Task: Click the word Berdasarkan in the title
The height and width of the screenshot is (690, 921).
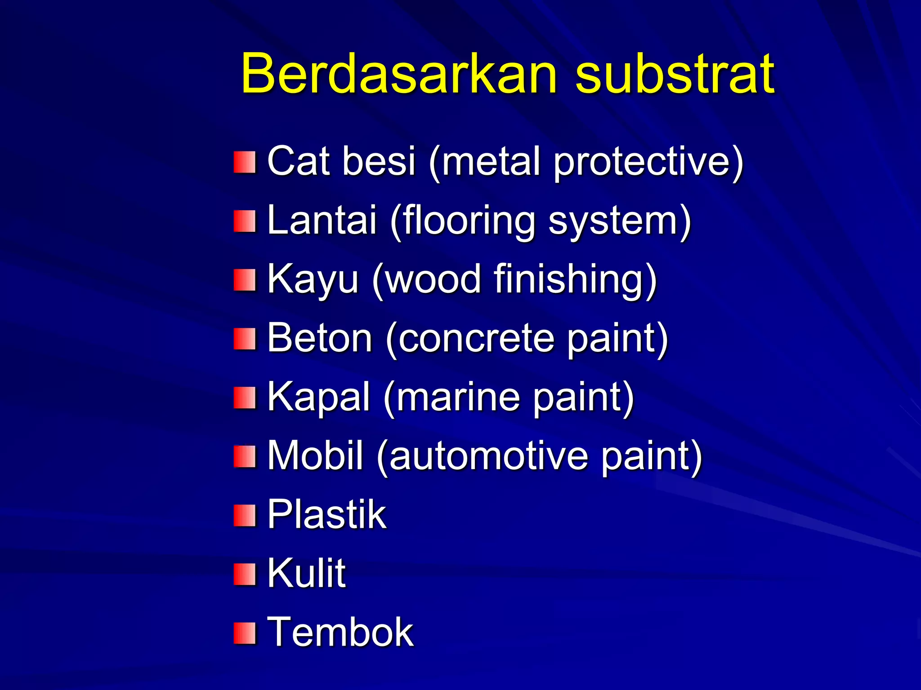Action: tap(398, 73)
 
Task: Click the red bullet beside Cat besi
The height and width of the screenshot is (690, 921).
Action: tap(245, 162)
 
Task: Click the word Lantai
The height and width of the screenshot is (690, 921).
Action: tap(322, 220)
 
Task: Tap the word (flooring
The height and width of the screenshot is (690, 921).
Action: tap(463, 221)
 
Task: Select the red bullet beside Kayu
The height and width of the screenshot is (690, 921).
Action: tap(245, 280)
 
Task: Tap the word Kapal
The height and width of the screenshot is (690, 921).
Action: tap(318, 397)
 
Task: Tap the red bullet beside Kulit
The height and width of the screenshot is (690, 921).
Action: tap(245, 575)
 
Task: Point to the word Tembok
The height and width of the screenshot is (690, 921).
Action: tap(340, 632)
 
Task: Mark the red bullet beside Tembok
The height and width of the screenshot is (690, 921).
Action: tap(245, 633)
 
